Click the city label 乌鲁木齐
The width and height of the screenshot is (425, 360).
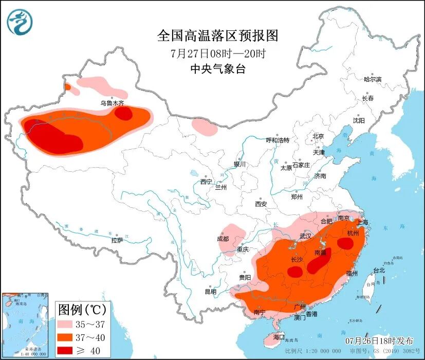112,103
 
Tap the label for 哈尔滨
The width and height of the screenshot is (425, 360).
373,79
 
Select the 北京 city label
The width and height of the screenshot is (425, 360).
318,136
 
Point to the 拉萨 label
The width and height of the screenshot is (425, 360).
117,240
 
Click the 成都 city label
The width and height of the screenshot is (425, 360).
223,239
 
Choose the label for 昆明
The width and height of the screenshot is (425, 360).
211,292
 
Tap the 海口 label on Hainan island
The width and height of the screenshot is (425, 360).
279,337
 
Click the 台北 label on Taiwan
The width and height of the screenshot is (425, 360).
379,270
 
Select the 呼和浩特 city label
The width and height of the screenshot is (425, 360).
278,140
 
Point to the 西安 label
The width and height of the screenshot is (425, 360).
261,204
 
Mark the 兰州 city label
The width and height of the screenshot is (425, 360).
221,187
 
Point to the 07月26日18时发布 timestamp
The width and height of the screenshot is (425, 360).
379,341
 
